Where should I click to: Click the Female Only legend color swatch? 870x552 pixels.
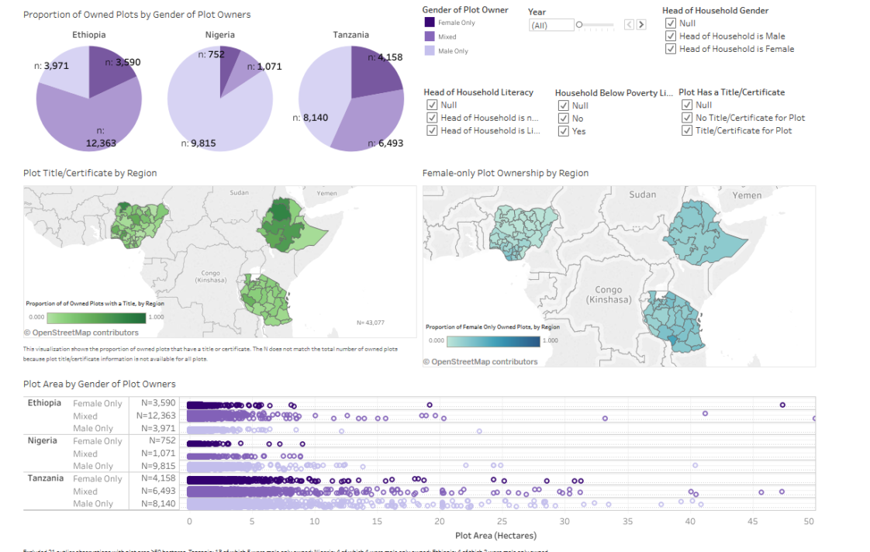click(430, 23)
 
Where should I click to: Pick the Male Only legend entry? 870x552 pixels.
click(454, 51)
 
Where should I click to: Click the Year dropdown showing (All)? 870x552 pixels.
click(551, 26)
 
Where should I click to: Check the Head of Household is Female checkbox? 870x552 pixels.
click(671, 49)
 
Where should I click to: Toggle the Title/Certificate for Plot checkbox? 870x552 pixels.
click(687, 131)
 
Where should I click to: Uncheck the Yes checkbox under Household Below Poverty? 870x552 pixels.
click(564, 132)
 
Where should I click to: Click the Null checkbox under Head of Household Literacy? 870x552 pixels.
click(432, 105)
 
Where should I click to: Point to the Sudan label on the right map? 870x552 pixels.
click(642, 195)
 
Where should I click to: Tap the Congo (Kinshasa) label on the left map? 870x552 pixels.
click(210, 277)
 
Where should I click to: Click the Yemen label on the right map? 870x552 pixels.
click(747, 195)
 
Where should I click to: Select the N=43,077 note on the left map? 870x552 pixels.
click(370, 322)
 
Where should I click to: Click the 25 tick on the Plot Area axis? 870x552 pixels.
click(502, 522)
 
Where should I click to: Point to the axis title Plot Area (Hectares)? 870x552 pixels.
click(495, 536)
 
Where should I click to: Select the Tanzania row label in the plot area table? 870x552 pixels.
click(46, 478)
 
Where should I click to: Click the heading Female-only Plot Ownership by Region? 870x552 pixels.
click(505, 174)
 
